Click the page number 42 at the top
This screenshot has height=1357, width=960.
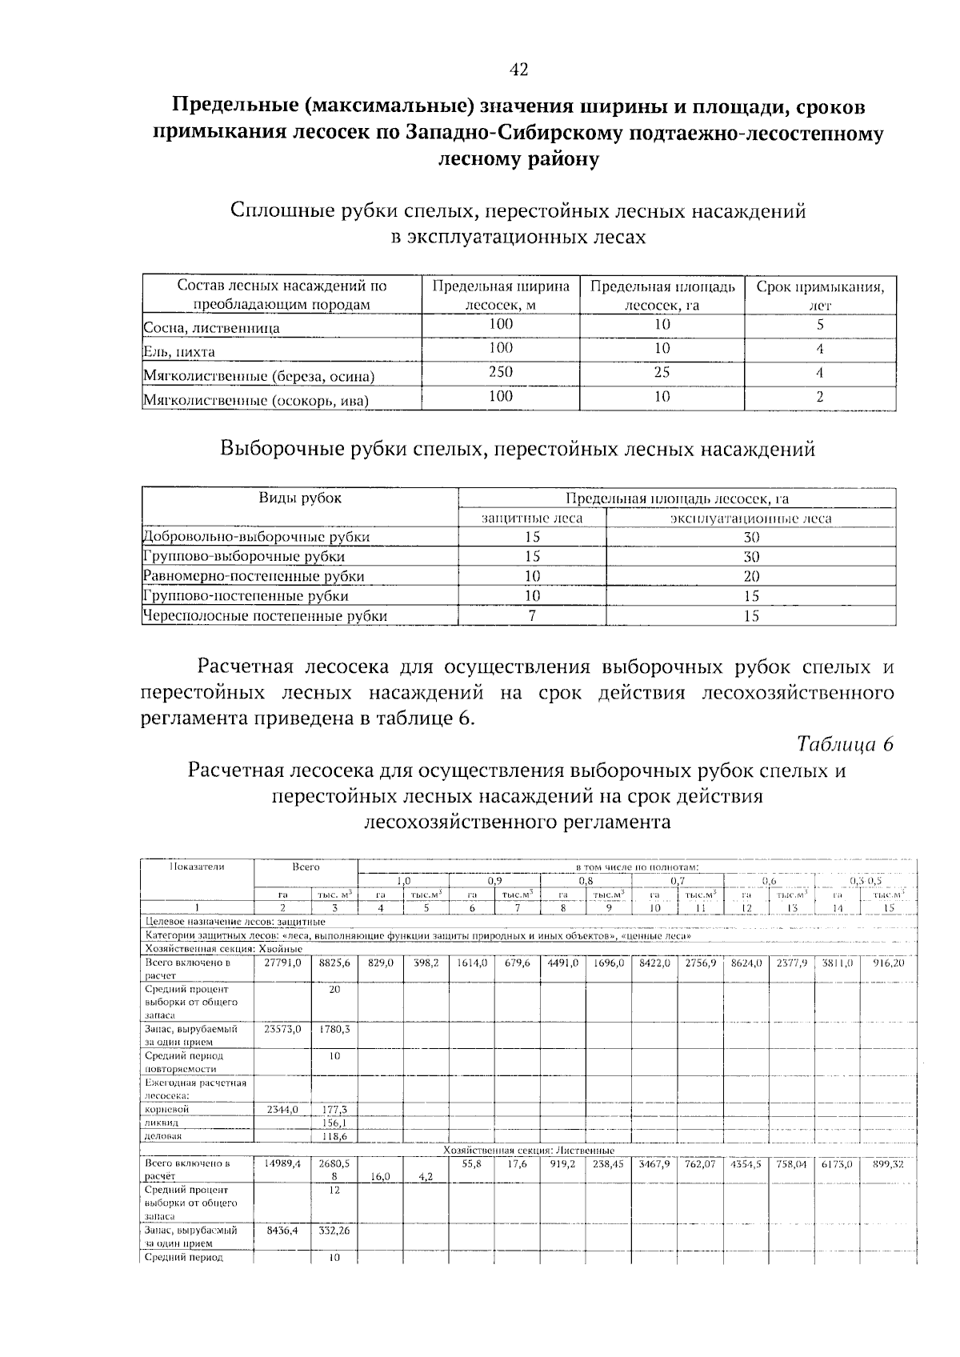click(x=518, y=70)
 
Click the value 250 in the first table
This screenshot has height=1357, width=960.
click(x=501, y=372)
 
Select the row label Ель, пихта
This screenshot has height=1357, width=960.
click(x=179, y=352)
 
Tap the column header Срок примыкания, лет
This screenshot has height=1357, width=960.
click(x=820, y=295)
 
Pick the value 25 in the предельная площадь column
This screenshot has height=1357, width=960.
click(x=662, y=372)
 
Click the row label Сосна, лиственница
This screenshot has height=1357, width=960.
click(x=211, y=328)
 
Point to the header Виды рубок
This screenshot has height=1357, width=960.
click(x=299, y=498)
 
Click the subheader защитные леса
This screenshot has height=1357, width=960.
click(x=532, y=518)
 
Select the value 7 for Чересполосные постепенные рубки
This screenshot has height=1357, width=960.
click(x=532, y=616)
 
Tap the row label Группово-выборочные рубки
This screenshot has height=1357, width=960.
click(x=244, y=557)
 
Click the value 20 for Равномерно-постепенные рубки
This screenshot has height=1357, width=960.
click(x=750, y=576)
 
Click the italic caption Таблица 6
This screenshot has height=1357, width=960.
click(x=844, y=744)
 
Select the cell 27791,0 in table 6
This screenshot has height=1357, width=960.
click(x=282, y=963)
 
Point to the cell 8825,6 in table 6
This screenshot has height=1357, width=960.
click(x=334, y=963)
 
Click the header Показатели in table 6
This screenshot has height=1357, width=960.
click(x=197, y=867)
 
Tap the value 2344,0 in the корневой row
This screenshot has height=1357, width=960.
click(x=282, y=1110)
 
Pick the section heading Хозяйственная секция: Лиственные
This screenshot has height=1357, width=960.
click(x=528, y=1151)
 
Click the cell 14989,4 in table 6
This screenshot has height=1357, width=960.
click(x=282, y=1164)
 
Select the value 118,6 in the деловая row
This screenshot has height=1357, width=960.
click(x=334, y=1136)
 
